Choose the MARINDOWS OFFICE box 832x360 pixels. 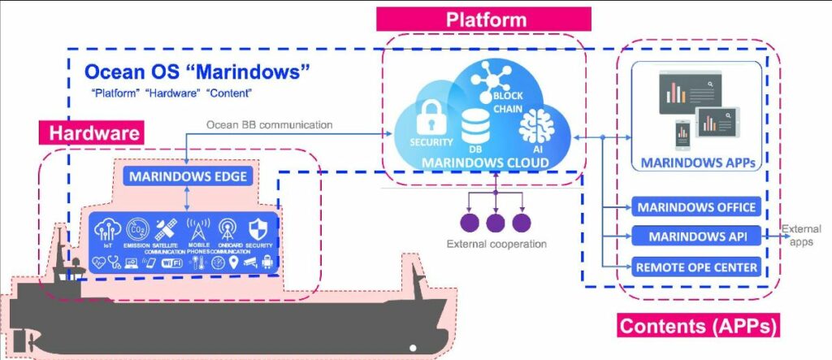[x=698, y=207]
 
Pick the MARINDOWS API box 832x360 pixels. [x=698, y=236]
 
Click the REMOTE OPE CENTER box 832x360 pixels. [x=698, y=267]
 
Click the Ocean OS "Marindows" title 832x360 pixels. [x=197, y=70]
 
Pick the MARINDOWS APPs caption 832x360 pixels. [x=698, y=162]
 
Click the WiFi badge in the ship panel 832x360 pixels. [x=172, y=262]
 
